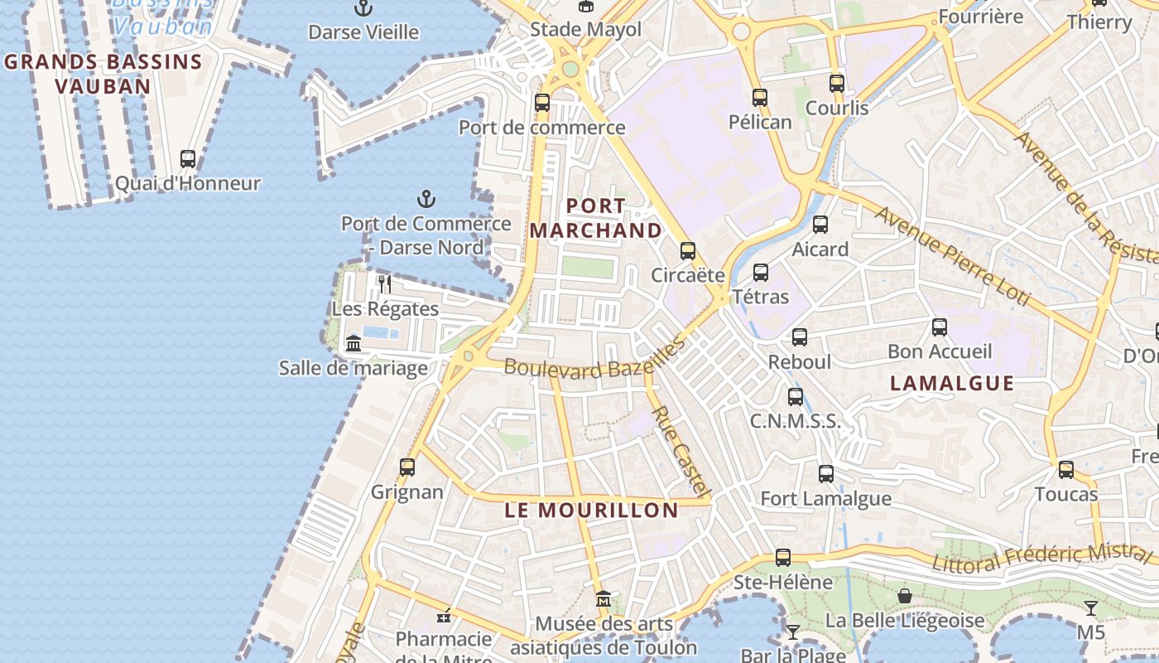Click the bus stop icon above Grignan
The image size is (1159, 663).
click(406, 467)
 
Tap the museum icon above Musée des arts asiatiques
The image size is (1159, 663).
click(604, 598)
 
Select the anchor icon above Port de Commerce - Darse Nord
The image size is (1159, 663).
click(426, 199)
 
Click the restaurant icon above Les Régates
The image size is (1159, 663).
click(384, 284)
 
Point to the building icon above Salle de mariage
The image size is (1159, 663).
click(353, 343)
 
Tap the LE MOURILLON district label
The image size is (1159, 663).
click(591, 511)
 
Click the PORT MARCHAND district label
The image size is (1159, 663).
click(596, 218)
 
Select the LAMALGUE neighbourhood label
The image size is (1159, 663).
click(952, 383)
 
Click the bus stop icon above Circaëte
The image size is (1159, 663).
click(687, 250)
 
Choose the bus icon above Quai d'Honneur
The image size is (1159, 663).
click(188, 158)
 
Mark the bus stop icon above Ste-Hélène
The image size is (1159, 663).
click(782, 557)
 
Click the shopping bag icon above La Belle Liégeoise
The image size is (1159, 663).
click(905, 596)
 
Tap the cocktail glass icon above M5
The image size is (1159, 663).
click(1091, 607)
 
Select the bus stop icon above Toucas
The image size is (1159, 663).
click(1066, 470)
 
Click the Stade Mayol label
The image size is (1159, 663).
click(585, 30)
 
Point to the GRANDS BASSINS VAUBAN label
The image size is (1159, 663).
click(103, 73)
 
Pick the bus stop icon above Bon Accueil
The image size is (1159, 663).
click(939, 327)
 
